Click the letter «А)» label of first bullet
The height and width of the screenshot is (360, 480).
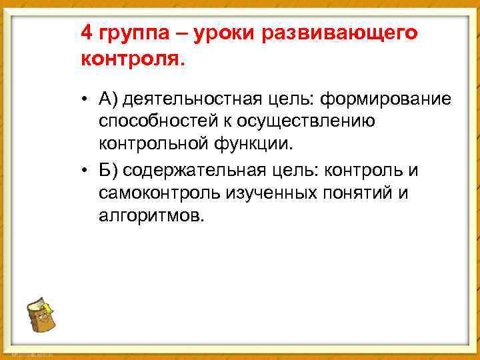tap(109, 100)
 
